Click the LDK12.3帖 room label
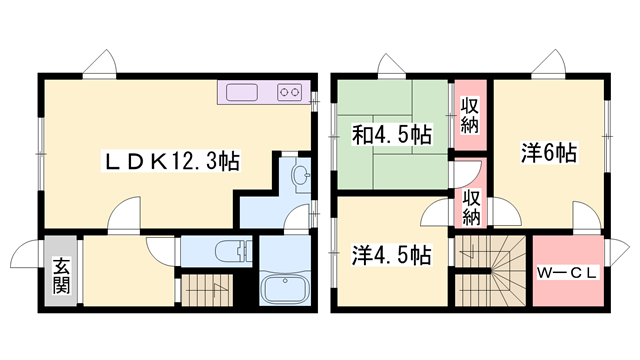[x=172, y=160]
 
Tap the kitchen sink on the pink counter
[x=242, y=93]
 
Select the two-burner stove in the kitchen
[x=291, y=93]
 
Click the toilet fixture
[x=231, y=251]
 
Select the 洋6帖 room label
[x=548, y=154]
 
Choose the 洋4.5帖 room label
[x=391, y=255]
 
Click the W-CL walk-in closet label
[x=569, y=271]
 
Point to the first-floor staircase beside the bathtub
[x=209, y=291]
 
